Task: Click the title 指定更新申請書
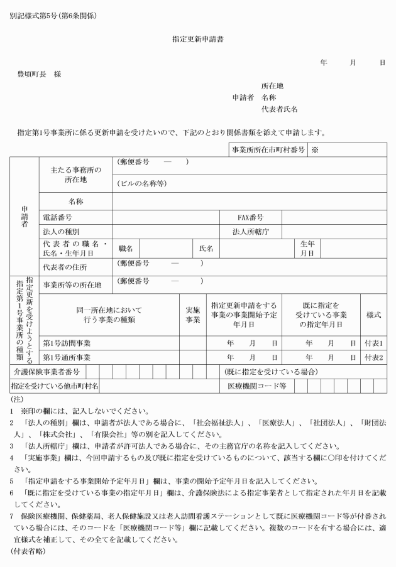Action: [x=198, y=39]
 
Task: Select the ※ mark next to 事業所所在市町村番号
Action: [x=316, y=150]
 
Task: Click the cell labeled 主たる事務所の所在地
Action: [x=75, y=174]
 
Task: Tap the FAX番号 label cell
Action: [x=250, y=217]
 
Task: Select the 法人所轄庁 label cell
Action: [x=250, y=232]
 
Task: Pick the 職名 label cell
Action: [x=125, y=249]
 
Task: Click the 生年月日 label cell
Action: [x=307, y=248]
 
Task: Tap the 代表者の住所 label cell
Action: [x=64, y=267]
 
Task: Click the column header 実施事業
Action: [x=192, y=315]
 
